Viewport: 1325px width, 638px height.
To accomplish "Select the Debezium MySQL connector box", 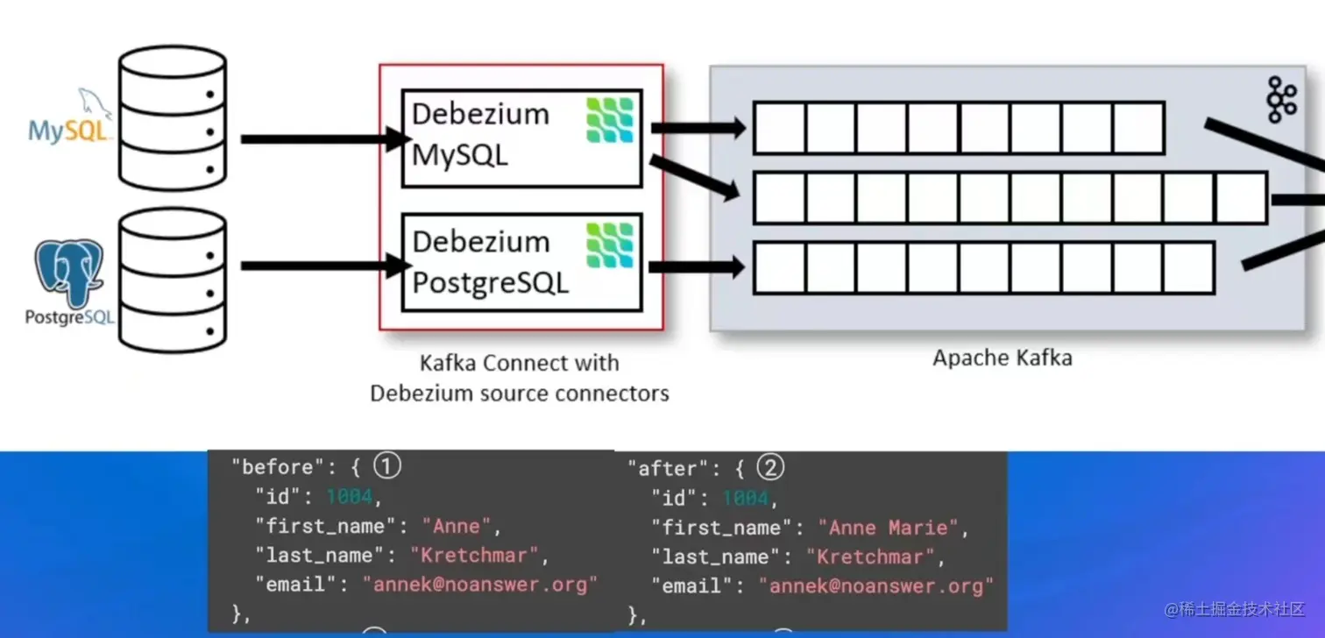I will click(x=521, y=138).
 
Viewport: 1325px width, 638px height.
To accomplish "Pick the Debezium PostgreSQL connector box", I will click(x=521, y=262).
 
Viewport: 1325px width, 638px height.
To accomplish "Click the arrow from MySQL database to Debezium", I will click(x=324, y=138).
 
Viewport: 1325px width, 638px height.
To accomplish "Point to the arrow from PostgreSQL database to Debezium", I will click(x=324, y=265).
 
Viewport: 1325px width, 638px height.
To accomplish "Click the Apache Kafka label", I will click(x=1002, y=358).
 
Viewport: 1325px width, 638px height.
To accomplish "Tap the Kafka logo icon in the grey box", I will click(x=1281, y=99).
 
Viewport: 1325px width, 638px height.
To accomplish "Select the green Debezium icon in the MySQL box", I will click(x=609, y=120).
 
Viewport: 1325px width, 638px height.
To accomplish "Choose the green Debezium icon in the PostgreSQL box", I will click(x=609, y=245).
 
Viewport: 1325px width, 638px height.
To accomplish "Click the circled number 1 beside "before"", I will click(x=386, y=466).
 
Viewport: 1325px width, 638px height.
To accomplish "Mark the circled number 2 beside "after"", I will click(x=770, y=468).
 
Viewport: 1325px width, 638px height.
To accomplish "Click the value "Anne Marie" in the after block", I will click(x=888, y=528).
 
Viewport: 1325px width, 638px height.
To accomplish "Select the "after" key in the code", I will click(x=657, y=469).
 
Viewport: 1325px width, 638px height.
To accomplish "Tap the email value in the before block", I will click(x=480, y=585).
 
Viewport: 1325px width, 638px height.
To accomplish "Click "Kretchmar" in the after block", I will click(x=871, y=556).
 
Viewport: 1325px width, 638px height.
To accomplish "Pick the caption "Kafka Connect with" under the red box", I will click(x=519, y=363).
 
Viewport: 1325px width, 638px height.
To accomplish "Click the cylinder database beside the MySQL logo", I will click(x=172, y=117).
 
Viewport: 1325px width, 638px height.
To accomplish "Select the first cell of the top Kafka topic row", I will click(x=779, y=128).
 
